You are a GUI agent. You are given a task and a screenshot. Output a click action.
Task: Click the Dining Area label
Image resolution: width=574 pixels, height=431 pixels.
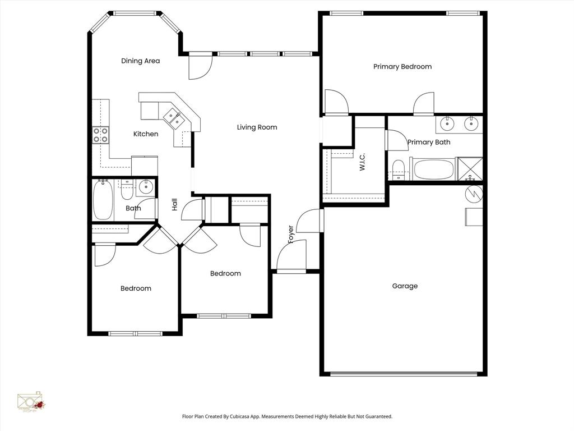pos(140,61)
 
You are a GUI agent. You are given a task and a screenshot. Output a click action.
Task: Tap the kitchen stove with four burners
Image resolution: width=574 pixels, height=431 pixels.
pos(100,135)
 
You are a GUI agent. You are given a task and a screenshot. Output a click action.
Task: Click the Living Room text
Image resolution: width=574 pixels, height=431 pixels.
pos(257,127)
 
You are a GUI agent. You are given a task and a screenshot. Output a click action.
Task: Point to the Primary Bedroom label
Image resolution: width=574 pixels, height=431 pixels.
pos(402,66)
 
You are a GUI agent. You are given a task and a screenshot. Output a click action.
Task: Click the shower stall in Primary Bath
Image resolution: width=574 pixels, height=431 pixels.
pos(470,169)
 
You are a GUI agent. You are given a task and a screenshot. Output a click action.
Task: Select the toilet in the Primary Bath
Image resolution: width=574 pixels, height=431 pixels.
pos(399,168)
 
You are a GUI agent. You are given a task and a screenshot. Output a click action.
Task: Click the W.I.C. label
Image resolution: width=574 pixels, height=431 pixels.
pos(362,162)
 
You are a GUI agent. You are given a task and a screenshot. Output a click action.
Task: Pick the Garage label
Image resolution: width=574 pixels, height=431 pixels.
pos(404,286)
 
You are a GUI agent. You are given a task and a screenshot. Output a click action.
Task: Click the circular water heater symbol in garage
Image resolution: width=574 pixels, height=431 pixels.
pos(474,193)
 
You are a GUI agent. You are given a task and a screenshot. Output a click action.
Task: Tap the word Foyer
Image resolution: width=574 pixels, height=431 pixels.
pos(290,234)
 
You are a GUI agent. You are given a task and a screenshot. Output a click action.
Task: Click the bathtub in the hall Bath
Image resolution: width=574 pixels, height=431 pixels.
pos(103,200)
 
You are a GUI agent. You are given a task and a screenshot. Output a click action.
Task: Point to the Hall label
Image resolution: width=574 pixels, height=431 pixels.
pos(174,204)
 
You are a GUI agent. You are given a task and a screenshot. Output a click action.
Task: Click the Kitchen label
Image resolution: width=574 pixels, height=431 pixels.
pos(146,134)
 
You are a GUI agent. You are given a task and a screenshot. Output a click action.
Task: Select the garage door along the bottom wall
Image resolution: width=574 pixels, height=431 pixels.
pos(404,373)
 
